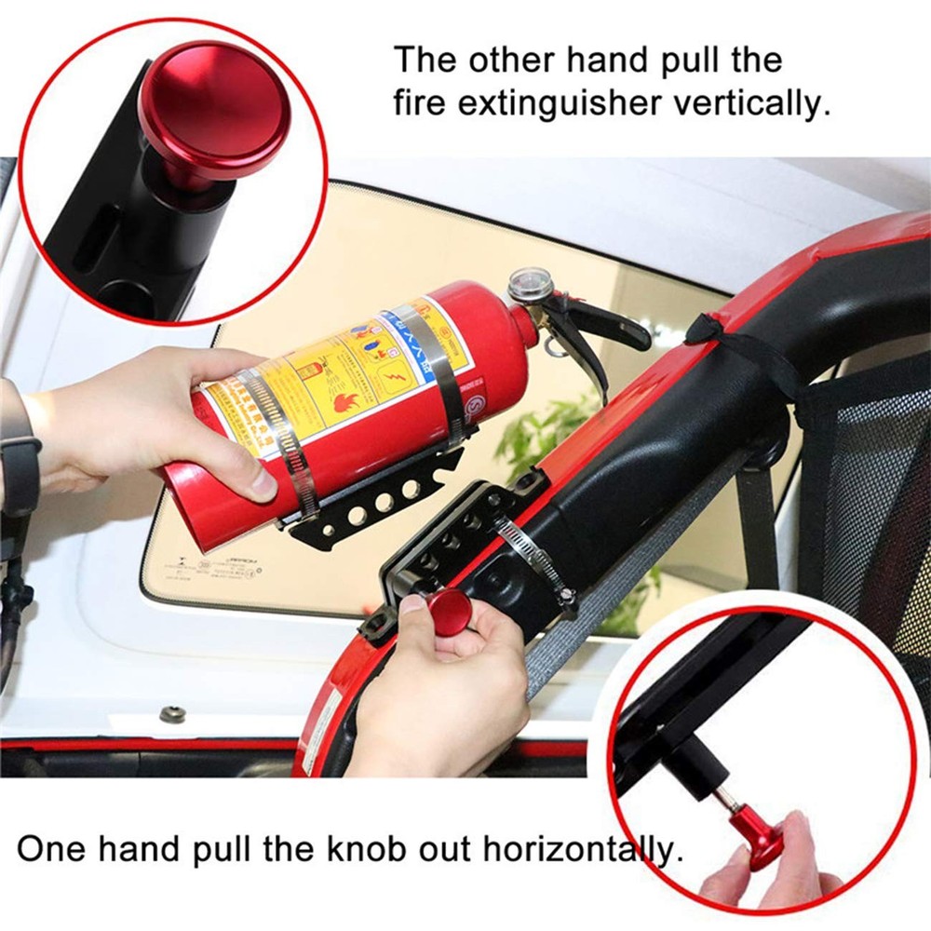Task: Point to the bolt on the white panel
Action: [170, 714]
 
